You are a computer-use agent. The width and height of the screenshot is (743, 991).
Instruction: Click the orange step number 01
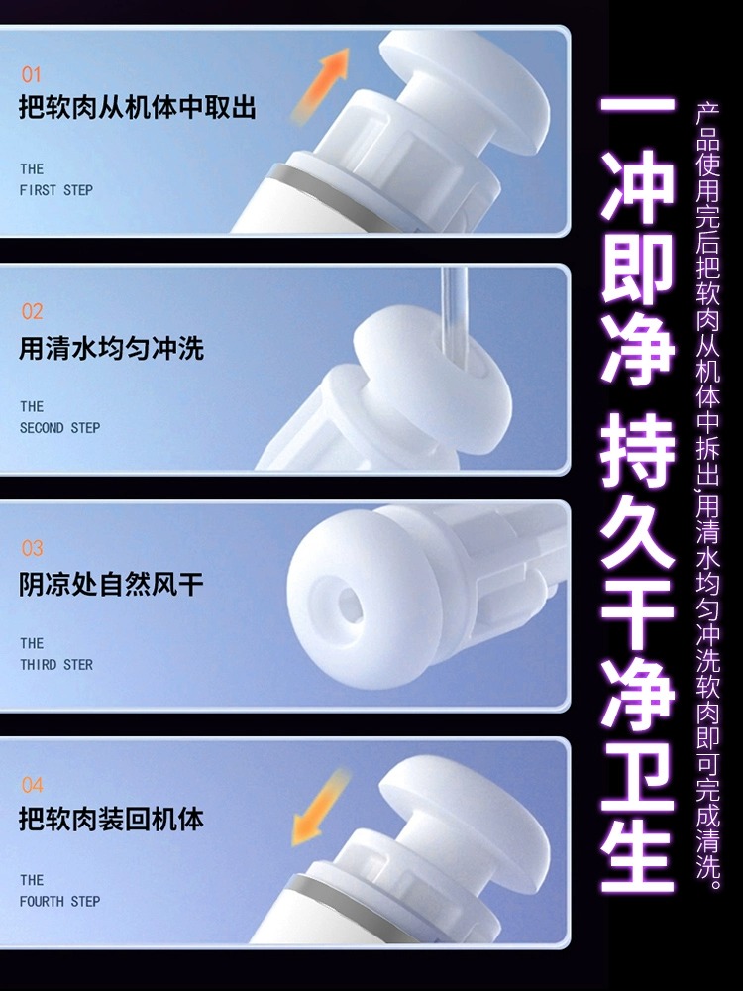click(31, 74)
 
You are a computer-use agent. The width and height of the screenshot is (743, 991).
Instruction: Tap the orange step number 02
click(33, 311)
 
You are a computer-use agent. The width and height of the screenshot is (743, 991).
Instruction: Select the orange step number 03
click(33, 548)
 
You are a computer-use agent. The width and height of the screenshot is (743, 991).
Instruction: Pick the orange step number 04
click(33, 785)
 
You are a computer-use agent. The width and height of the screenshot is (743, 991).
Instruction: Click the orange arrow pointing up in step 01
click(321, 83)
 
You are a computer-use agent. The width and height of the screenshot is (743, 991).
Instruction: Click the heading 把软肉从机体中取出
click(137, 107)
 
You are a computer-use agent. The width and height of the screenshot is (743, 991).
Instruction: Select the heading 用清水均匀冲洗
click(111, 348)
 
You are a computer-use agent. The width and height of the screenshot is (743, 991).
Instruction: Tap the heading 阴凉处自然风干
click(111, 584)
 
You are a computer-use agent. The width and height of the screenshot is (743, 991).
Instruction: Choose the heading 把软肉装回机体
click(111, 820)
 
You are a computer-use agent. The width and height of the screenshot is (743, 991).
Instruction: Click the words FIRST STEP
click(56, 190)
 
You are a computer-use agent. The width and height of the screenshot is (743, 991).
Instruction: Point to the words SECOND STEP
click(60, 428)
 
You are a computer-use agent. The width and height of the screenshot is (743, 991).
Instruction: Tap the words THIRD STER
click(56, 665)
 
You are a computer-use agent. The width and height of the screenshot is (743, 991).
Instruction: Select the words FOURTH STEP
click(60, 901)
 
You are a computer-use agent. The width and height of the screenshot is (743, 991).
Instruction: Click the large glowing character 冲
click(637, 185)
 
